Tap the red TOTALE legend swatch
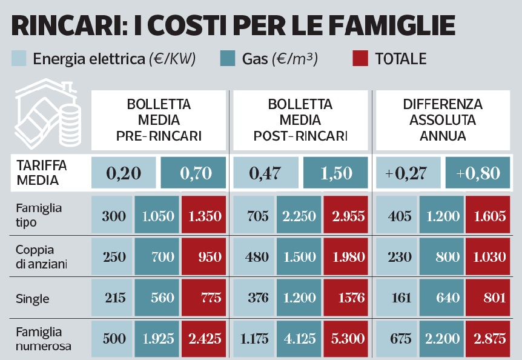[x=359, y=59]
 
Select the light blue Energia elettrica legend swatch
[x=19, y=59]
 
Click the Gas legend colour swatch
[x=227, y=59]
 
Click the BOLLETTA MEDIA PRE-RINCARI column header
[x=159, y=120]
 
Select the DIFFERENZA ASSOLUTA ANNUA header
[x=443, y=120]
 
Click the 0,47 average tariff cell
[x=265, y=173]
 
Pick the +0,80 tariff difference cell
[x=478, y=173]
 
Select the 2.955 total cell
[x=346, y=216]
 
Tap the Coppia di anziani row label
[x=40, y=256]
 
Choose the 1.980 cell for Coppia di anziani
[x=346, y=257]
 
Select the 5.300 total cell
[x=346, y=339]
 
